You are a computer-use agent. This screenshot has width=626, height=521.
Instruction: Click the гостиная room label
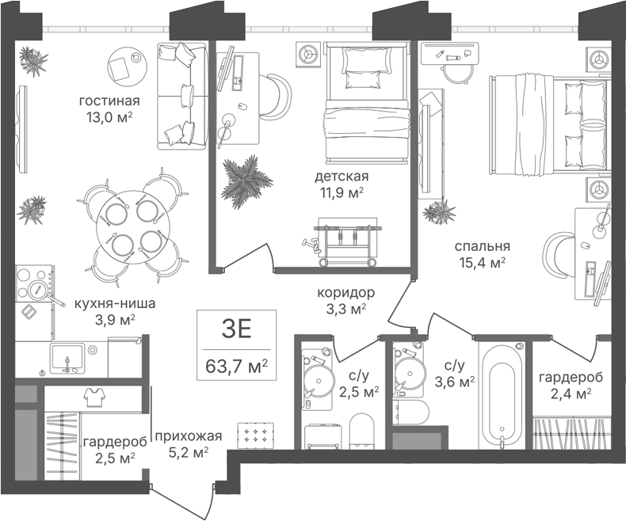[x=109, y=101]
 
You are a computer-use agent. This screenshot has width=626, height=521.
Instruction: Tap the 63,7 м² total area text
[x=236, y=365]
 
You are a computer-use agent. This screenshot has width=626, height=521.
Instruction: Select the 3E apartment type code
[x=236, y=329]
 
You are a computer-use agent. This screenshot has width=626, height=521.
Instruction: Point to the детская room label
[x=342, y=176]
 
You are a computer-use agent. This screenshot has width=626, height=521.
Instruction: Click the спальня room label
[x=483, y=246]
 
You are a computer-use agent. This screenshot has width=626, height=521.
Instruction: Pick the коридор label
[x=346, y=293]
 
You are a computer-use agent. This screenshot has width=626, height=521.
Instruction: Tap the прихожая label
[x=188, y=436]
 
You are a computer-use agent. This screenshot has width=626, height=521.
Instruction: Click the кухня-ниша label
[x=115, y=304]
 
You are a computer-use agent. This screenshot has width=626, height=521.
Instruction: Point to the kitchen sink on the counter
[x=67, y=358]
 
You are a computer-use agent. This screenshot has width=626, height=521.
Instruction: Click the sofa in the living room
[x=182, y=96]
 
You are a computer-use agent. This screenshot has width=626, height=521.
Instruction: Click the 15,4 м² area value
[x=483, y=262]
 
